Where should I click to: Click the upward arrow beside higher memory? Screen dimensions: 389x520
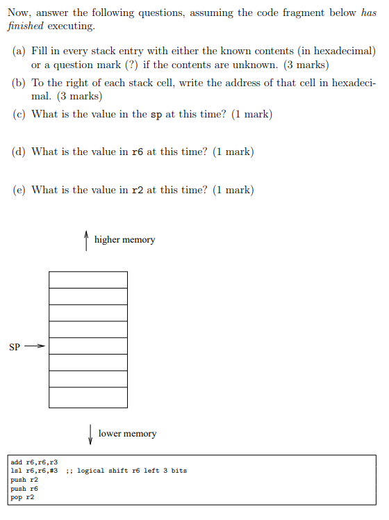tap(85, 240)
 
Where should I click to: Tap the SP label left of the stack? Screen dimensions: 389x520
tap(15, 346)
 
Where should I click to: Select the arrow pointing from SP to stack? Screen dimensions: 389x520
tap(35, 346)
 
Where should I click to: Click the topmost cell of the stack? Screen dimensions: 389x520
tap(88, 279)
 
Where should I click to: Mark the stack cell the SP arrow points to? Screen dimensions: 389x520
tap(88, 346)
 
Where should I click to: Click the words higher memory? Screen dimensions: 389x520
tap(124, 240)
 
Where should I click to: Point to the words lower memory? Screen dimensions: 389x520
tap(127, 434)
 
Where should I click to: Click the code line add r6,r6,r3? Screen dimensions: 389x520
tap(34, 462)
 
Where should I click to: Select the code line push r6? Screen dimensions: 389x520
tap(24, 489)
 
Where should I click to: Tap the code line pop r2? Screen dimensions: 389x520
tap(23, 498)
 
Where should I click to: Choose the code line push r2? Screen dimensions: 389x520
tap(24, 480)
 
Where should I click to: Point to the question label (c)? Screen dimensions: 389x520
tap(19, 115)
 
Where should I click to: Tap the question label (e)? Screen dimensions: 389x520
tap(19, 190)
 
